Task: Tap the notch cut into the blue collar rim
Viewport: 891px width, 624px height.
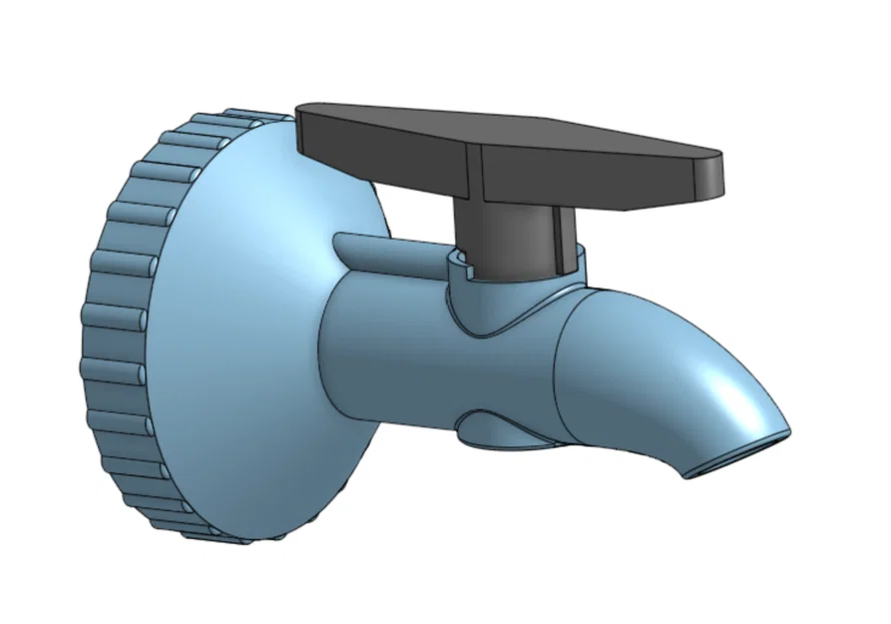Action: (x=460, y=262)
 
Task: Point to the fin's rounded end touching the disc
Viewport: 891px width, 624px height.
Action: (x=339, y=242)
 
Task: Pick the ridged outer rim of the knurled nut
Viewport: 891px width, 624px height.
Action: (x=110, y=329)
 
